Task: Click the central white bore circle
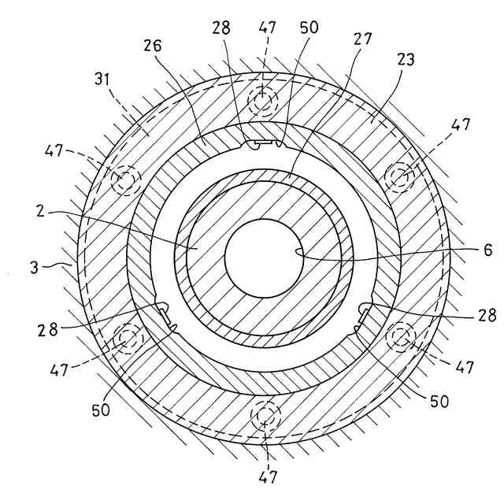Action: pos(265,259)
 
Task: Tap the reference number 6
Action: pos(488,250)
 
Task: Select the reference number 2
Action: pos(40,211)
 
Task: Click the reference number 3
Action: pos(35,268)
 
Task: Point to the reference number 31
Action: pos(102,79)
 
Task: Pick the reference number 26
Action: pos(152,46)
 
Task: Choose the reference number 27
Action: pos(363,39)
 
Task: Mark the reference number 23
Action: pos(406,60)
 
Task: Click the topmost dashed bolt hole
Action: pos(263,102)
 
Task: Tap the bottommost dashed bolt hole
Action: pos(266,417)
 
